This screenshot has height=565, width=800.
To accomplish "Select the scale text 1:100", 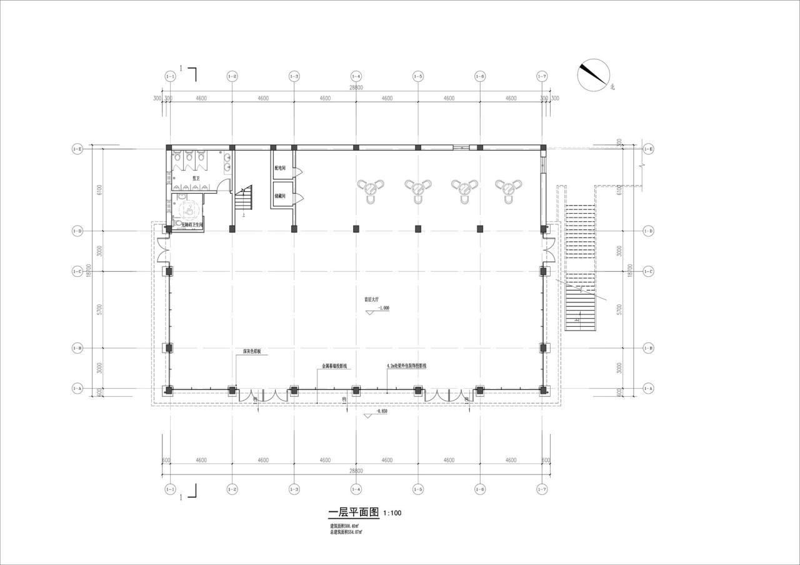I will click(392, 514).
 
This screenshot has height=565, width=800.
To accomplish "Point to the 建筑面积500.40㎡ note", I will click(347, 526).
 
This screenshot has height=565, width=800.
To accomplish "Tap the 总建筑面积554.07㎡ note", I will click(347, 532).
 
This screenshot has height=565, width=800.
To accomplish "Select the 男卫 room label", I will click(196, 178).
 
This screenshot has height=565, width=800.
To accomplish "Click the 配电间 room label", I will click(280, 168).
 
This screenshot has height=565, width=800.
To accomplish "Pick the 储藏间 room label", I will click(280, 196).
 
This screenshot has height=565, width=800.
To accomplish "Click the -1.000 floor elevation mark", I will click(383, 308).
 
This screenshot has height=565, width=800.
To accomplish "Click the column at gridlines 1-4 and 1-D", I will click(356, 229).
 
